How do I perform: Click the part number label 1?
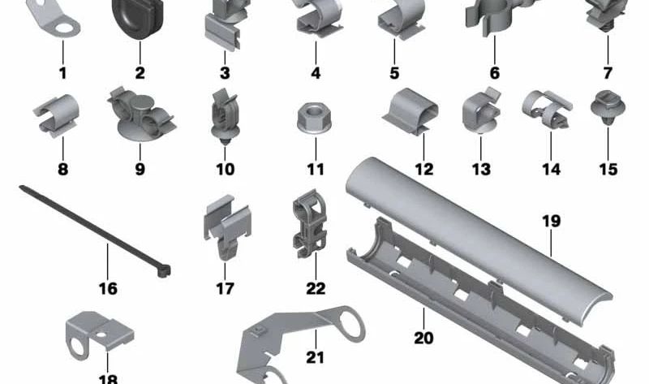(62, 73)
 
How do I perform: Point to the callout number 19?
(551, 221)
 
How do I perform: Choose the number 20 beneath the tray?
(423, 338)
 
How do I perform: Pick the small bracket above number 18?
(86, 334)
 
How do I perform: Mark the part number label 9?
(140, 170)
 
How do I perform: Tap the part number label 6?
(494, 73)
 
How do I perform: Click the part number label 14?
(551, 170)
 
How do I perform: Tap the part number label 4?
(315, 73)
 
